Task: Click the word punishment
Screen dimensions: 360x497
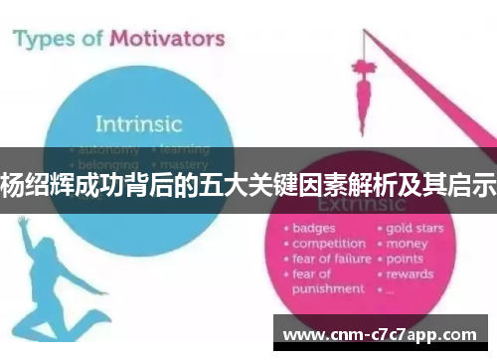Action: point(328,289)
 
